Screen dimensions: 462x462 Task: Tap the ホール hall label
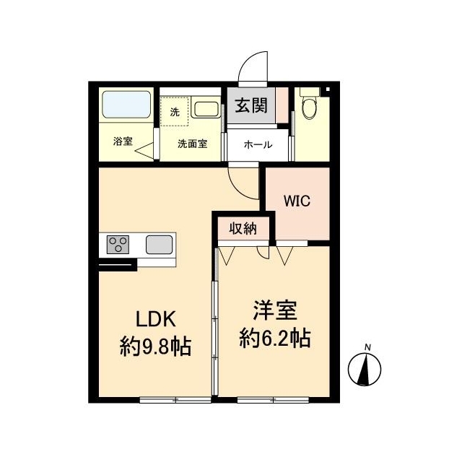click(257, 144)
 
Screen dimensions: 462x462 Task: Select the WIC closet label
click(297, 201)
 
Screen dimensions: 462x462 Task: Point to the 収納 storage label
click(243, 229)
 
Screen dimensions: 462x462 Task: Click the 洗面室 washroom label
click(193, 143)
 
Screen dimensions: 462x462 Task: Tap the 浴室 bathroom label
click(123, 141)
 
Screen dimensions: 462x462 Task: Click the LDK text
click(153, 319)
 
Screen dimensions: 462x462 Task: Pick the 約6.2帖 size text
click(275, 338)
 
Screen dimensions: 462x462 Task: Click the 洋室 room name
click(275, 312)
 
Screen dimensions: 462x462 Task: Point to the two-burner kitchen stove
click(118, 245)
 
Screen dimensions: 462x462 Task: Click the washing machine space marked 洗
click(174, 112)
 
